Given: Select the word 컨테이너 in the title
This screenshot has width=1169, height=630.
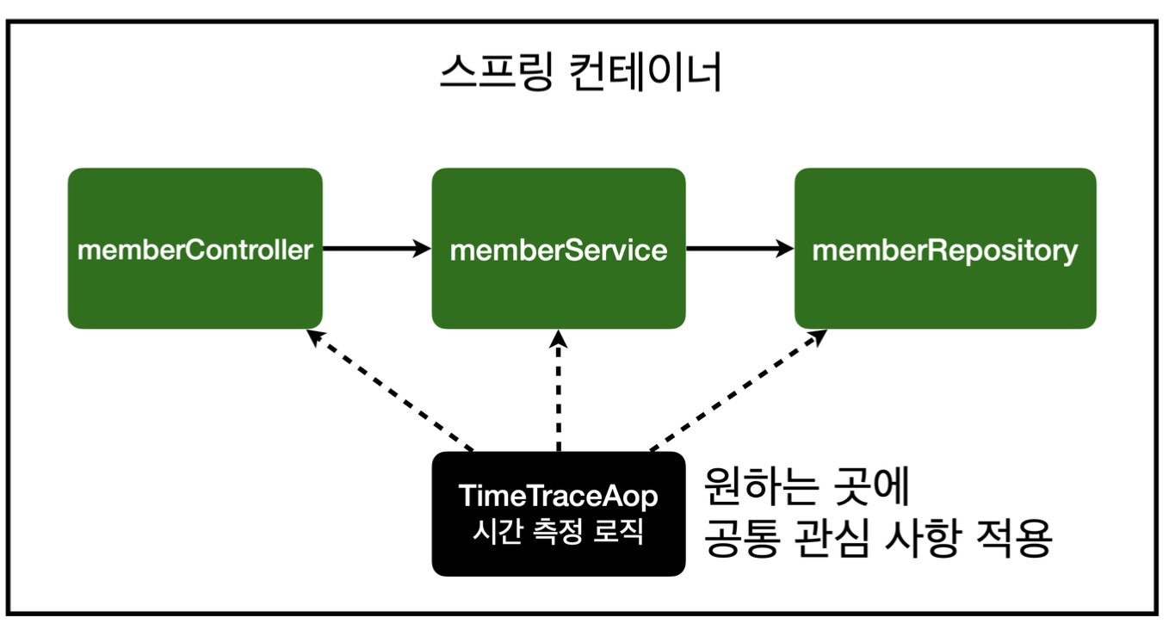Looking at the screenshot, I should click(646, 75).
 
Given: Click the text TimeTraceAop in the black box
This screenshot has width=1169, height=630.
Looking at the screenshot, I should click(558, 497).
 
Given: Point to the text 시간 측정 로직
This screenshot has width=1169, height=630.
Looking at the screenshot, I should click(558, 531).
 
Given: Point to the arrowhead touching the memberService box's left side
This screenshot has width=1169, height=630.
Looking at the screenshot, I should click(422, 249).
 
